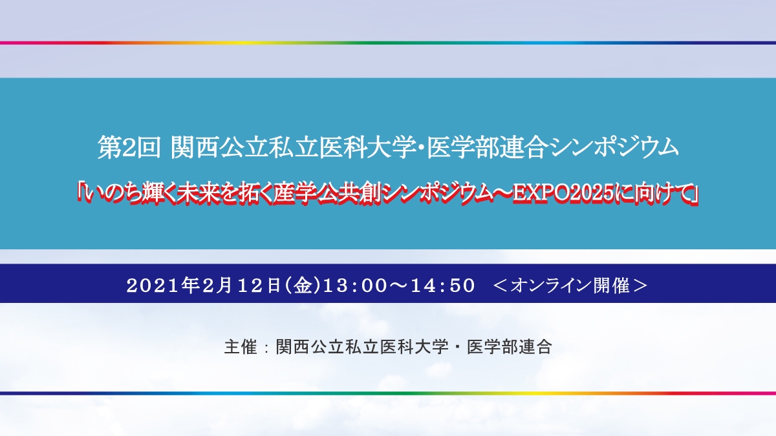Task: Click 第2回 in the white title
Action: (129, 148)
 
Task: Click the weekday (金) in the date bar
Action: (303, 285)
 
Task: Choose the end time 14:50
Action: (443, 285)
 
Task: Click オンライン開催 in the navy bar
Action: (570, 285)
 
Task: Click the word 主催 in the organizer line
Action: (241, 346)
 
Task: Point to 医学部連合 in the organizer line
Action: (510, 346)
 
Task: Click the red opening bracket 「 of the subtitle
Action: (80, 194)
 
